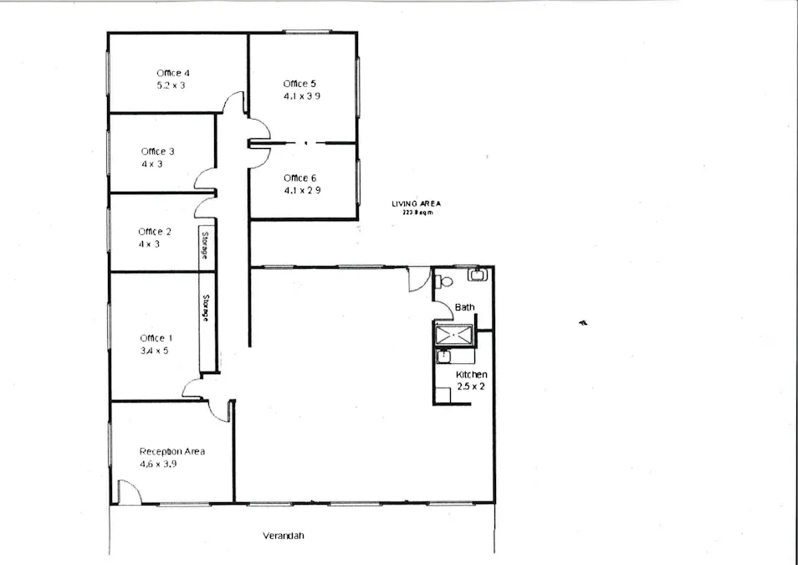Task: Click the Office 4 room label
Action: (173, 74)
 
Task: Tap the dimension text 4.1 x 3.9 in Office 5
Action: (302, 96)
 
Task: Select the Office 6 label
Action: (299, 178)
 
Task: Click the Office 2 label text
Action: (155, 232)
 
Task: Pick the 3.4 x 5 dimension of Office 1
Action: (154, 351)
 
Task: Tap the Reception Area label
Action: (171, 452)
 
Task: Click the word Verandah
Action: (283, 537)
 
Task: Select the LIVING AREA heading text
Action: (416, 203)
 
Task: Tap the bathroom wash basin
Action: (478, 273)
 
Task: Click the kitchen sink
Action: (443, 357)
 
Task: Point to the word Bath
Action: (464, 307)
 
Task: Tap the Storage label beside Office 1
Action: (205, 308)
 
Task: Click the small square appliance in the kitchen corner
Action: (442, 395)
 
